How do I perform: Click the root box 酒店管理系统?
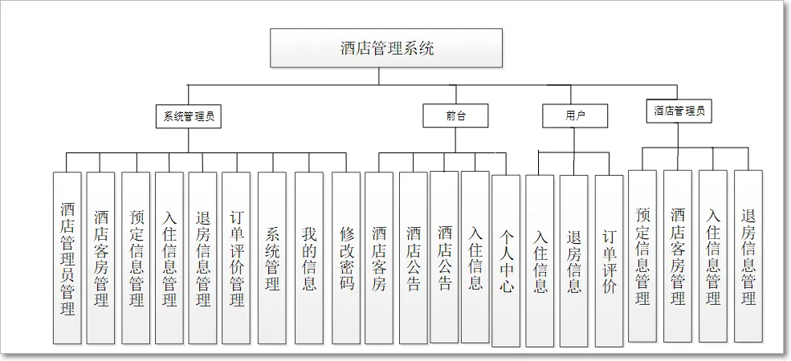(x=385, y=49)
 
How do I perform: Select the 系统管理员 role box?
(x=188, y=116)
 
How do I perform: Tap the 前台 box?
(x=455, y=116)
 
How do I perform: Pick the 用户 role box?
(x=575, y=116)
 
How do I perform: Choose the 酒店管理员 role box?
(x=679, y=112)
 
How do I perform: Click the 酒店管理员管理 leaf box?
(x=67, y=257)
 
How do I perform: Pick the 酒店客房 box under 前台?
(x=379, y=257)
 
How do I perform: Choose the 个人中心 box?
(x=506, y=261)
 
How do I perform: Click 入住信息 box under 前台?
(x=475, y=257)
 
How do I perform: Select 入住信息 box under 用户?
(x=540, y=261)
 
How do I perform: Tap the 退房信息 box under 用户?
(x=574, y=261)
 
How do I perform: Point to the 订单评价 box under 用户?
(x=609, y=261)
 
